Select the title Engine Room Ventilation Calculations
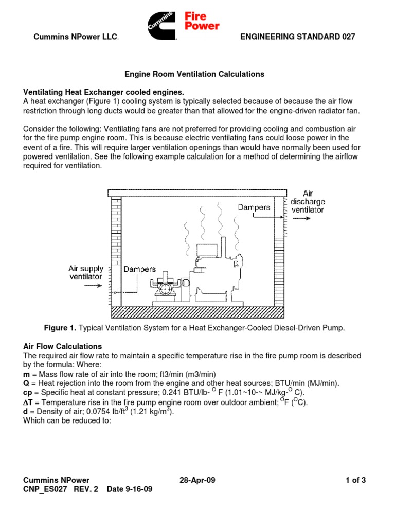click(194, 74)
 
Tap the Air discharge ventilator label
click(308, 202)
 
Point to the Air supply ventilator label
click(86, 272)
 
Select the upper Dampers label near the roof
click(254, 207)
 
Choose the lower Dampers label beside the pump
click(139, 269)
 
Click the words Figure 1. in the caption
click(60, 328)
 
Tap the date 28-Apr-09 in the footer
click(197, 481)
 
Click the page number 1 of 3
click(355, 481)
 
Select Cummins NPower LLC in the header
click(76, 37)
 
